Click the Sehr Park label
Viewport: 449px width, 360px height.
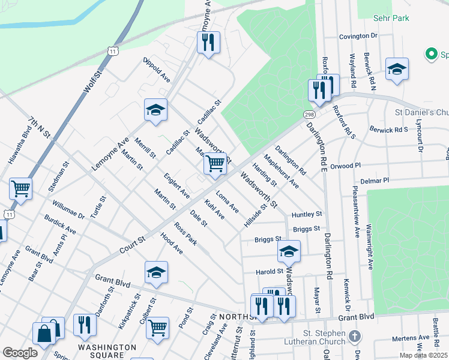[x=390, y=18]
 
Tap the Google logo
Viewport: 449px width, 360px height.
[x=20, y=353]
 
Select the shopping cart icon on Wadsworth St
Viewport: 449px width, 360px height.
[x=215, y=163]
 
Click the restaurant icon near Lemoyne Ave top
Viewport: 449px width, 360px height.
[x=208, y=43]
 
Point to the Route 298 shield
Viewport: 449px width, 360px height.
[x=309, y=115]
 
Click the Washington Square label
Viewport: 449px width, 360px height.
[x=107, y=347]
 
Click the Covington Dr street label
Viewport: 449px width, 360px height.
[x=358, y=37]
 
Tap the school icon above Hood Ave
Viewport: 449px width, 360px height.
[x=155, y=272]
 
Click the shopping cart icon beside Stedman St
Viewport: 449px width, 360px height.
[x=20, y=188]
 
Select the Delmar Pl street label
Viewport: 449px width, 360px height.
[x=375, y=180]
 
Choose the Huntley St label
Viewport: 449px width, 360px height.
[x=307, y=214]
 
